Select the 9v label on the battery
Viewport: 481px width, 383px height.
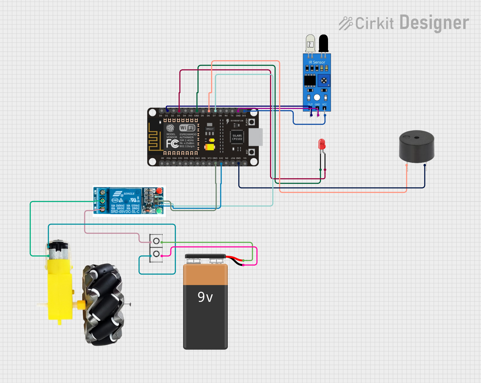(x=205, y=297)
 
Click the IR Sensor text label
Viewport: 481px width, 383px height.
(x=317, y=62)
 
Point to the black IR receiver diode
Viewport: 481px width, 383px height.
(x=323, y=43)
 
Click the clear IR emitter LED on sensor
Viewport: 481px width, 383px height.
(x=310, y=44)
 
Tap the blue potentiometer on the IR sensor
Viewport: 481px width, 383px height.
(x=324, y=80)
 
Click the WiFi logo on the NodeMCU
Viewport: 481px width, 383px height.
(x=187, y=128)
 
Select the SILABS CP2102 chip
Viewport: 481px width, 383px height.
(x=237, y=137)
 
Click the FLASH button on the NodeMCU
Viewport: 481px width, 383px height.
(x=252, y=122)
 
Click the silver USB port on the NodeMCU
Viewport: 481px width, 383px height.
(x=256, y=137)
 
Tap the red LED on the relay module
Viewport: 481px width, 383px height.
(x=159, y=191)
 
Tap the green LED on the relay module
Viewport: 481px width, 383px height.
(x=159, y=211)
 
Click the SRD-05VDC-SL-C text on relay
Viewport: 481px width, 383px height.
(x=125, y=212)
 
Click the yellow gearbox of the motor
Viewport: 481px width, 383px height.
(x=60, y=291)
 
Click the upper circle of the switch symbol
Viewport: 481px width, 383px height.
(x=156, y=241)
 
